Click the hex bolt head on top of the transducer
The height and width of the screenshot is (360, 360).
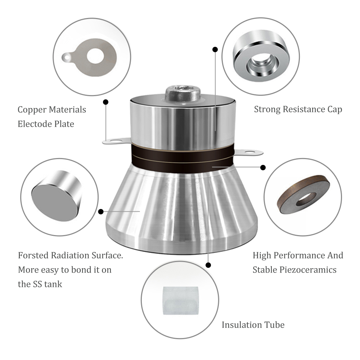pyautogui.click(x=183, y=94)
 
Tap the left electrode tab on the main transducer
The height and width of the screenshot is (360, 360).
pyautogui.click(x=116, y=141)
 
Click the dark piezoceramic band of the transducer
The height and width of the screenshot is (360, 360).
pyautogui.click(x=183, y=158)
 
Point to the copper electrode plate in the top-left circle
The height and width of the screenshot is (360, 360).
pyautogui.click(x=90, y=57)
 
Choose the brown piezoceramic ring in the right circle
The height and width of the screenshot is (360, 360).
pyautogui.click(x=303, y=194)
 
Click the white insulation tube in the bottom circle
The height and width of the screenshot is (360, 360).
pyautogui.click(x=180, y=301)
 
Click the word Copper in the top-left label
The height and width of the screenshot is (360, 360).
pyautogui.click(x=31, y=110)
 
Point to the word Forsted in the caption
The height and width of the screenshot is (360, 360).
pyautogui.click(x=33, y=255)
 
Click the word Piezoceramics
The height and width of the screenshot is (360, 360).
pyautogui.click(x=308, y=270)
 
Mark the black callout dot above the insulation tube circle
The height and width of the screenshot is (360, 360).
pyautogui.click(x=208, y=265)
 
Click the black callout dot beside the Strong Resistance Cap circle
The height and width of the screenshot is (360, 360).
pyautogui.click(x=215, y=49)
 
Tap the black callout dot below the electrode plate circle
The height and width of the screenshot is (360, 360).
pyautogui.click(x=105, y=102)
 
